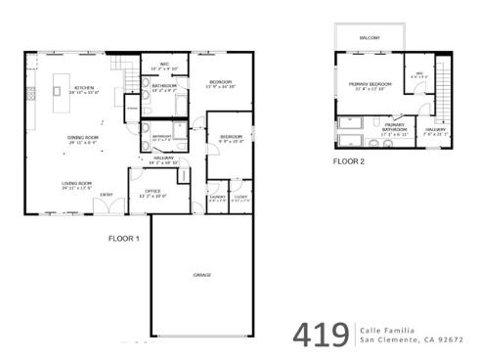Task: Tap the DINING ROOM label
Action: (x=82, y=138)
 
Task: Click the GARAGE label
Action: (x=203, y=273)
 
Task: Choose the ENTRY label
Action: (x=106, y=194)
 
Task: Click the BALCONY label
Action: (x=370, y=39)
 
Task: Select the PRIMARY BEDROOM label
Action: (x=370, y=84)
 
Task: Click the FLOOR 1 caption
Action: (x=123, y=238)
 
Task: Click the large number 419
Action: (x=320, y=334)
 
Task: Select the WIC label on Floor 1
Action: (x=166, y=66)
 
